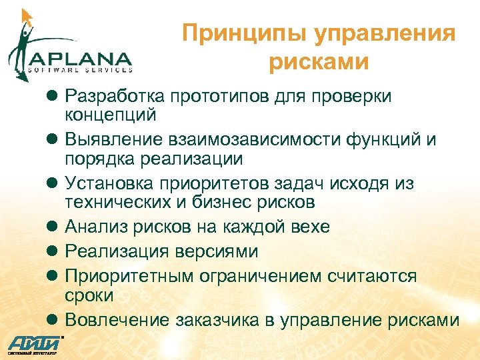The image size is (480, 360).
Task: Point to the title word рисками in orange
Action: (x=319, y=62)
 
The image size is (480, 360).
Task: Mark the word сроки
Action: (x=89, y=293)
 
